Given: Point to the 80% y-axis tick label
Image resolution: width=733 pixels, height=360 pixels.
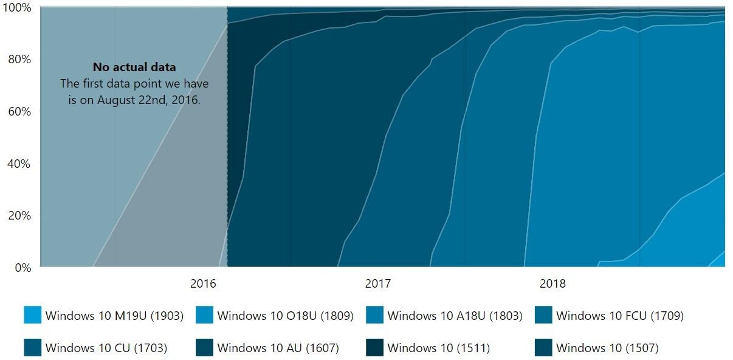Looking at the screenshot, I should click(x=18, y=59).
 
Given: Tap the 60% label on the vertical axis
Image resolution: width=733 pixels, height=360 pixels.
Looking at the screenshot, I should click(x=18, y=111).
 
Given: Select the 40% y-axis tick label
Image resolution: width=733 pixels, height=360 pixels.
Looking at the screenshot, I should click(x=18, y=163).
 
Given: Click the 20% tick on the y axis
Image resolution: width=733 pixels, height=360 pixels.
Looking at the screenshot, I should click(x=18, y=215).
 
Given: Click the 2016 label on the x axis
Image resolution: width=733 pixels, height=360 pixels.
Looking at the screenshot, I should click(x=203, y=284).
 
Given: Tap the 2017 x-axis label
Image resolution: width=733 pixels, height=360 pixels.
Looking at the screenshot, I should click(x=377, y=284).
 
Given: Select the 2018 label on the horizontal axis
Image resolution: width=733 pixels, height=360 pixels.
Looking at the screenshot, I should click(x=552, y=284).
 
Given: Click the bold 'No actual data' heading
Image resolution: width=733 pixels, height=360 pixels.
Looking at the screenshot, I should click(x=134, y=67).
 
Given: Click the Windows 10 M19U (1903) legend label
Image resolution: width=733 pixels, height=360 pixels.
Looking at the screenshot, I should click(x=113, y=316).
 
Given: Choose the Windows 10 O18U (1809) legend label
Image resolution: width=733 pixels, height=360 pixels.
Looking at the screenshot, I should click(x=285, y=316).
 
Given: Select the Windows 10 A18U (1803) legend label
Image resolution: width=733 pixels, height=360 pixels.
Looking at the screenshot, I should click(x=455, y=316).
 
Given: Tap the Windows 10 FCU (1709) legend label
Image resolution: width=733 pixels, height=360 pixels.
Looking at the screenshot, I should click(x=619, y=316).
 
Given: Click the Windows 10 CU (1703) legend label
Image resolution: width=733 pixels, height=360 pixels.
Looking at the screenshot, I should click(x=106, y=348).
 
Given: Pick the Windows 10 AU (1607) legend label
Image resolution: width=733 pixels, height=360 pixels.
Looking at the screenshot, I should click(x=278, y=348).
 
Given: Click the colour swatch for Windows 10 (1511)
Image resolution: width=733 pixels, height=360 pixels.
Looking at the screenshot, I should click(x=374, y=348).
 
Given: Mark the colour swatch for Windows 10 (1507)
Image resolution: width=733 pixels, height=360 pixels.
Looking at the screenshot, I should click(x=543, y=348).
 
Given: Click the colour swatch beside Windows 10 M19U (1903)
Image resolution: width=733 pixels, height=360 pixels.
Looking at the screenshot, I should click(x=33, y=315).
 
